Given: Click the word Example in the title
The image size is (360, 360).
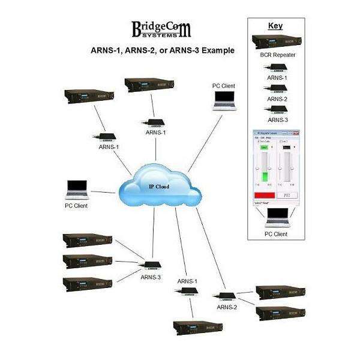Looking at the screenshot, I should tap(215, 50).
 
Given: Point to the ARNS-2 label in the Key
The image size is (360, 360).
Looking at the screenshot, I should tap(277, 98).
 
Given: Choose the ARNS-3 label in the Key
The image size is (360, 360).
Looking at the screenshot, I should tap(277, 120).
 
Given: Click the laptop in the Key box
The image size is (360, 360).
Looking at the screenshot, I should tap(277, 217).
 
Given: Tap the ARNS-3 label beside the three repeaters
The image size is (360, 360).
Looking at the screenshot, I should tap(151, 277).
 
